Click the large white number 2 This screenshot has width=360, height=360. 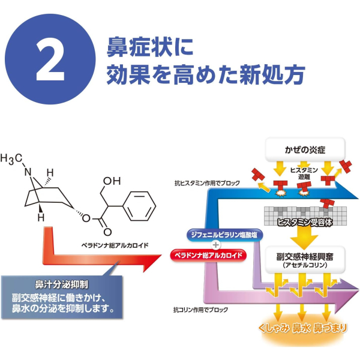pyautogui.click(x=50, y=59)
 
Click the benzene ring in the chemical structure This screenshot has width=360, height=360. pyautogui.click(x=140, y=206)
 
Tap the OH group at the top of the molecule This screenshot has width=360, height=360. pyautogui.click(x=112, y=181)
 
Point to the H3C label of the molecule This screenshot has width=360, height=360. pyautogui.click(x=11, y=159)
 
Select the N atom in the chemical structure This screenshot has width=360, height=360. pyautogui.click(x=28, y=172)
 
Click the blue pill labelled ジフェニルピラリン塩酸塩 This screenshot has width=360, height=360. pyautogui.click(x=224, y=235)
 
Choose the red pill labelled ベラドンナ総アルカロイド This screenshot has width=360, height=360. pyautogui.click(x=208, y=256)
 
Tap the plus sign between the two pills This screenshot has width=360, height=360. pyautogui.click(x=215, y=245)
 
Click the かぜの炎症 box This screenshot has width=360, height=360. pyautogui.click(x=305, y=149)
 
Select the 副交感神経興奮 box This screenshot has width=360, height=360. pyautogui.click(x=305, y=260)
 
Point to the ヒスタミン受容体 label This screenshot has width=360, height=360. pyautogui.click(x=305, y=222)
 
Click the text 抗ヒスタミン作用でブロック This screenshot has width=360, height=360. pyautogui.click(x=208, y=183)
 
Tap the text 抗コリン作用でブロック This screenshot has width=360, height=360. pyautogui.click(x=200, y=310)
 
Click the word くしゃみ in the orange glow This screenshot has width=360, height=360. pyautogui.click(x=274, y=328)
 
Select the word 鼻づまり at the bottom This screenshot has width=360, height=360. pyautogui.click(x=330, y=328)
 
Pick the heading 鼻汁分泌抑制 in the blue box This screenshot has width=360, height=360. pyautogui.click(x=62, y=284)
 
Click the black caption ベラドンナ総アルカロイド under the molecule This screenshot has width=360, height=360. pyautogui.click(x=115, y=245)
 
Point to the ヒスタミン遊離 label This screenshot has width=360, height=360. pyautogui.click(x=304, y=173)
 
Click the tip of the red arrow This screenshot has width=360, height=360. pyautogui.click(x=161, y=256)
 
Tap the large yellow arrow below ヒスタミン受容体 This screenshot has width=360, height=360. pyautogui.click(x=304, y=237)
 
